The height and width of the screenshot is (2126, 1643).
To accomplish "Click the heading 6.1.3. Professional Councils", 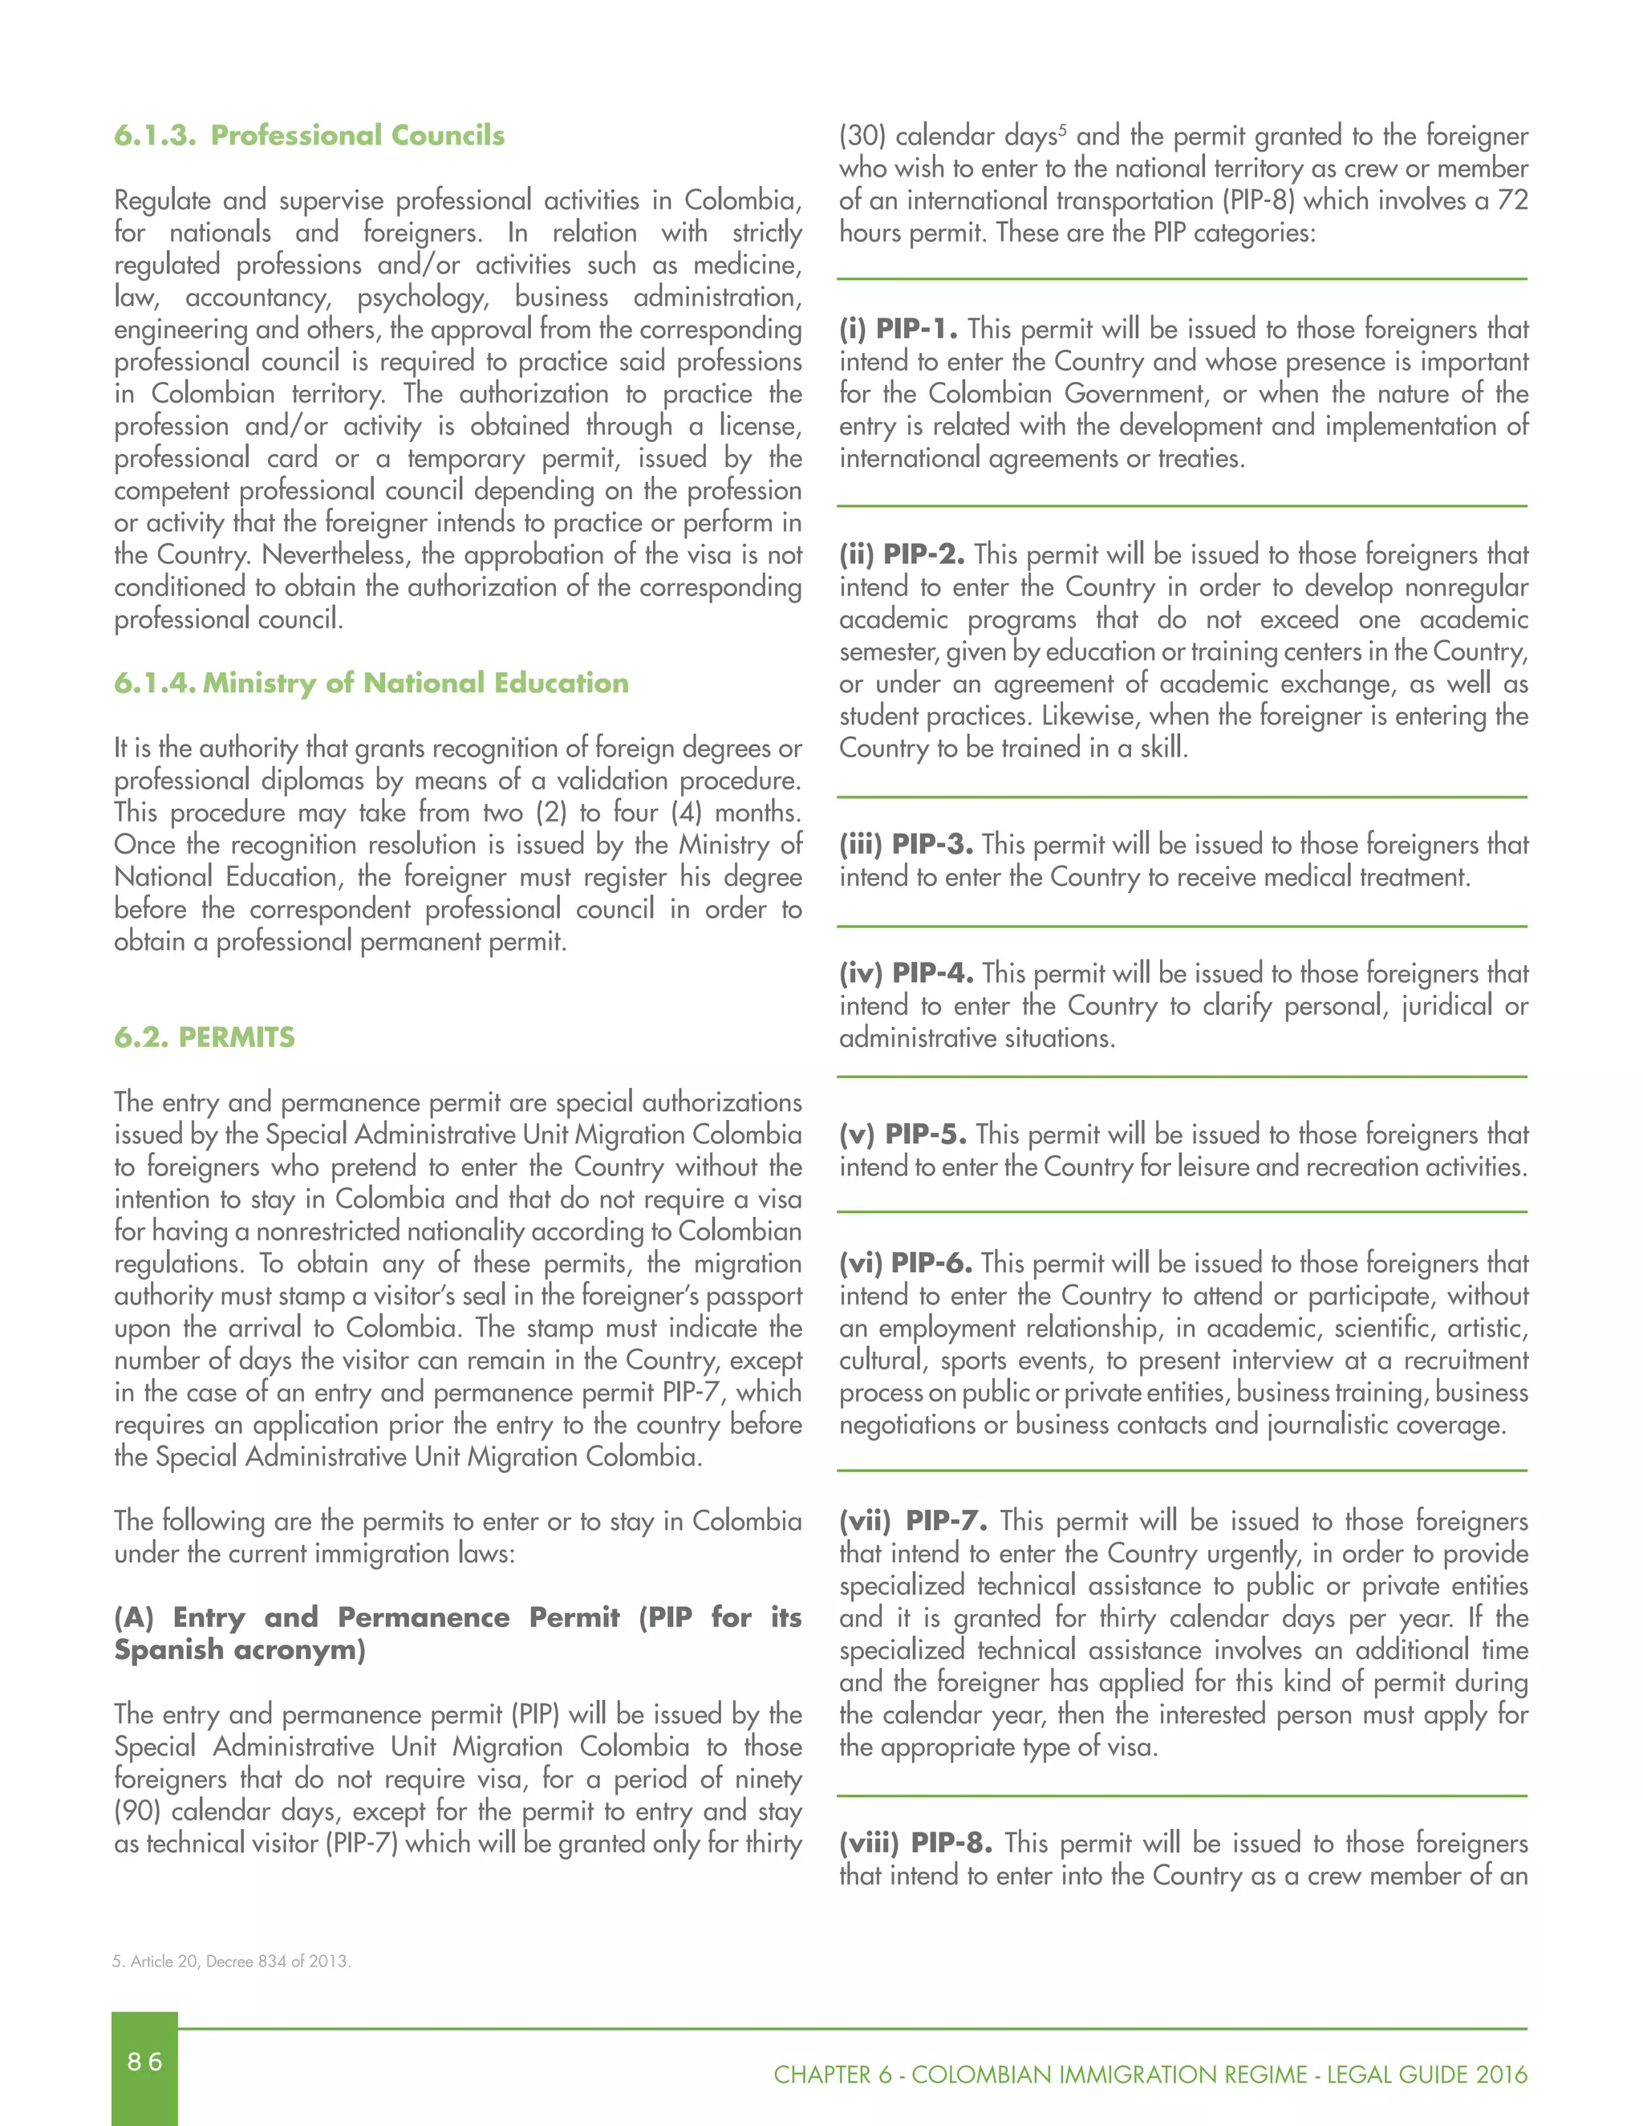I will tap(309, 136).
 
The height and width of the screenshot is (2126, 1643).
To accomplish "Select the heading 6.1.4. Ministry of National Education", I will tap(371, 684).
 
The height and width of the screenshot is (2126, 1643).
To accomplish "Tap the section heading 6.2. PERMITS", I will tap(205, 1037).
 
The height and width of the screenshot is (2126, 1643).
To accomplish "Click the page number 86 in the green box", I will tap(144, 2061).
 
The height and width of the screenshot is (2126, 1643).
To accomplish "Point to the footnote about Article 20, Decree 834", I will tap(232, 1961).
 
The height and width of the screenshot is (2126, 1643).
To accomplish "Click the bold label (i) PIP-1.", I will tap(898, 329).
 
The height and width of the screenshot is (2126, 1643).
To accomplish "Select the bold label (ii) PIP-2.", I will tap(901, 555).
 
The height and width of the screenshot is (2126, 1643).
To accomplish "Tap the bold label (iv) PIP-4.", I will tap(905, 972).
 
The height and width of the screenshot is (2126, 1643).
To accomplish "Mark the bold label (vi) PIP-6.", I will tap(905, 1263).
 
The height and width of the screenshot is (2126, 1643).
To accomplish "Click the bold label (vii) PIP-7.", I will tap(913, 1520).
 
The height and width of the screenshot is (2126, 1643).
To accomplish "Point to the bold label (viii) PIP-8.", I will tap(915, 1843).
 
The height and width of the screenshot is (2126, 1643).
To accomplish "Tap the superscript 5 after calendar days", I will tap(1063, 128).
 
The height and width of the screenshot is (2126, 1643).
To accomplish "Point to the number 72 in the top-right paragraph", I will tap(1511, 201).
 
